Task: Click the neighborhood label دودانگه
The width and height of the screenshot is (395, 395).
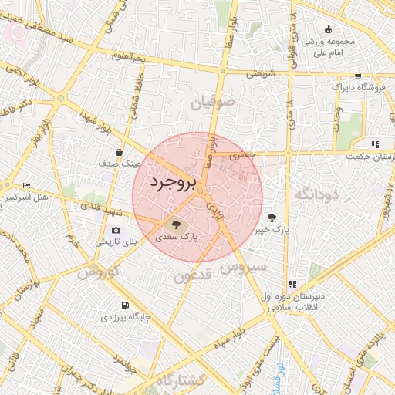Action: click(316, 194)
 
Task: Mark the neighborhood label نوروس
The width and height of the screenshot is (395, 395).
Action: click(97, 272)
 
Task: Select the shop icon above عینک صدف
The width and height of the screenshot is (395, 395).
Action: click(118, 152)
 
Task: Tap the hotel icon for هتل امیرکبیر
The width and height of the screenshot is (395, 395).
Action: click(27, 185)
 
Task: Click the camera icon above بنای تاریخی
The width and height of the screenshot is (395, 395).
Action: click(116, 230)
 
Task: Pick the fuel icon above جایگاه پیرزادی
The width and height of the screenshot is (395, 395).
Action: click(125, 305)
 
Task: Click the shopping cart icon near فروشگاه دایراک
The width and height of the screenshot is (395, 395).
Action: click(358, 76)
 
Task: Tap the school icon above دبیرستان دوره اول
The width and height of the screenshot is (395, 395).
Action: click(292, 284)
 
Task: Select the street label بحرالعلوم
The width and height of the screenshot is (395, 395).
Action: click(127, 58)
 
